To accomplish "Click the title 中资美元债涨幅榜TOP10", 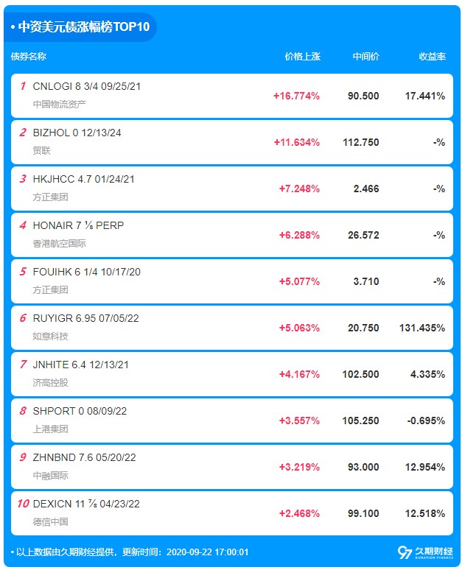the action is pyautogui.click(x=84, y=27).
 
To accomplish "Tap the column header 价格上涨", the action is pyautogui.click(x=302, y=57).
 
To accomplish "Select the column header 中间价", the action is pyautogui.click(x=366, y=57).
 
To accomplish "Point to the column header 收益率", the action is pyautogui.click(x=433, y=57).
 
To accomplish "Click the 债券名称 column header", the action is pyautogui.click(x=29, y=57).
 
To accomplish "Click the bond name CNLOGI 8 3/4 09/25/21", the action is pyautogui.click(x=87, y=86).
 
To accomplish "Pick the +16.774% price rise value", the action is pyautogui.click(x=296, y=96).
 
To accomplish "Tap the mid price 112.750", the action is pyautogui.click(x=360, y=142).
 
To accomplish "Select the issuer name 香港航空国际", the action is pyautogui.click(x=59, y=243).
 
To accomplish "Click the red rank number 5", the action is pyautogui.click(x=23, y=272).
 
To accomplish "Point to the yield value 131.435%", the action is pyautogui.click(x=422, y=328).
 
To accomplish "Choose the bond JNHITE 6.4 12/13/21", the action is pyautogui.click(x=81, y=365).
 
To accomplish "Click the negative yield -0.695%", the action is pyautogui.click(x=426, y=421).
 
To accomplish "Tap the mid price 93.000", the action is pyautogui.click(x=363, y=467).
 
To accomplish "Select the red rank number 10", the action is pyautogui.click(x=23, y=504).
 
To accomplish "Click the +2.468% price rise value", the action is pyautogui.click(x=299, y=513).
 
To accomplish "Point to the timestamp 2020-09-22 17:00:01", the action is pyautogui.click(x=207, y=552).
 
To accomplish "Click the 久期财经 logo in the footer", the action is pyautogui.click(x=425, y=552).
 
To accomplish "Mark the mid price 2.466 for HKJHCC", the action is pyautogui.click(x=366, y=189).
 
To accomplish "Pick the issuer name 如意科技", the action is pyautogui.click(x=50, y=337).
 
